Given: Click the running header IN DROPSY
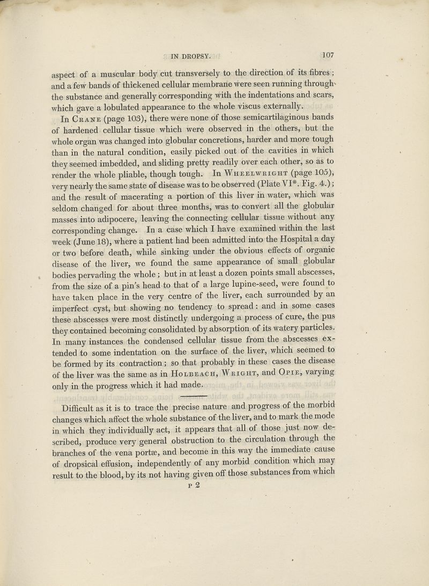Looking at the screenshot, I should coord(191,54).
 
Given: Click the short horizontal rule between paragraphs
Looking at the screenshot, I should coord(189,382).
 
